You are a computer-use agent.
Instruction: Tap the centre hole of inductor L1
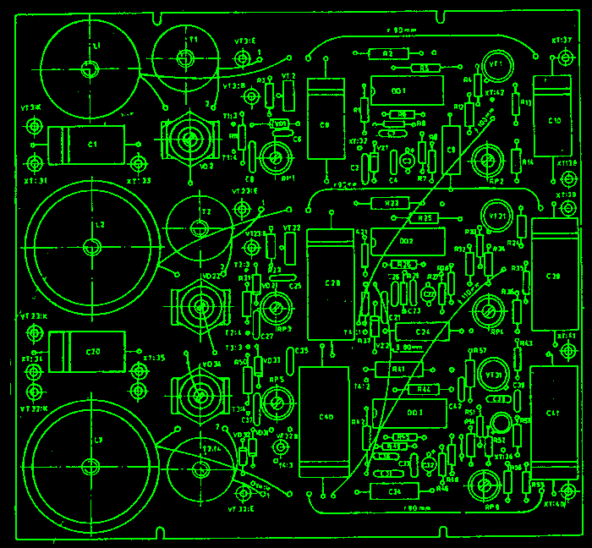(x=87, y=68)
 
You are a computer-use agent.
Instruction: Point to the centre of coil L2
(x=92, y=247)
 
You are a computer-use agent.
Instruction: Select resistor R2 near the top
(x=270, y=94)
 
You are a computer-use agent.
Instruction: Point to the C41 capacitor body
(x=553, y=414)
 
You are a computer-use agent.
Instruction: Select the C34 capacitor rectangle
(x=394, y=491)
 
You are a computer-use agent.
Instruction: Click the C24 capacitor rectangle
(x=423, y=332)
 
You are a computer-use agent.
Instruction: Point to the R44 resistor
(x=424, y=390)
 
